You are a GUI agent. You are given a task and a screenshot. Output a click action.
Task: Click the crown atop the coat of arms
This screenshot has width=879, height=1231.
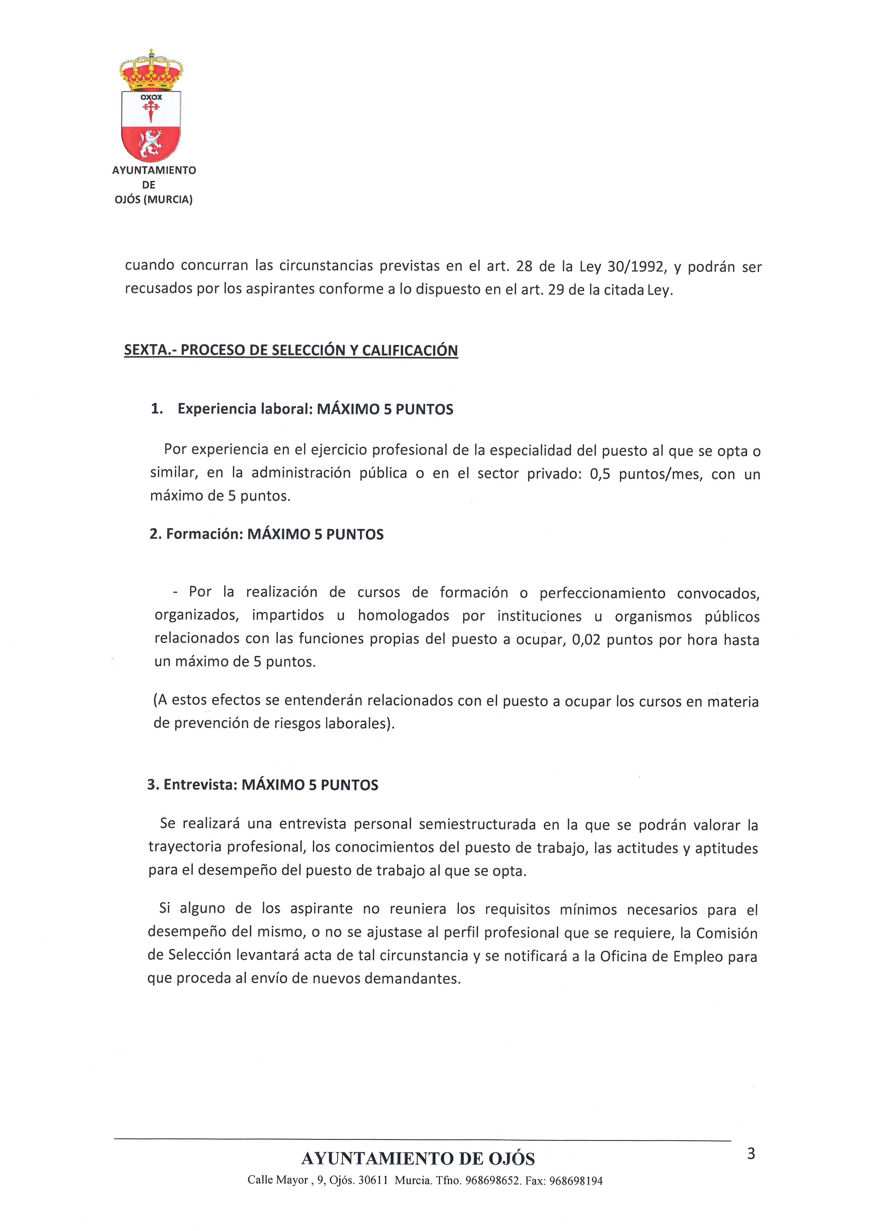151,72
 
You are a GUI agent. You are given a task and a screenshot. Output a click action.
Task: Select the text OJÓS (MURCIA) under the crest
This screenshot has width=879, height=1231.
154,200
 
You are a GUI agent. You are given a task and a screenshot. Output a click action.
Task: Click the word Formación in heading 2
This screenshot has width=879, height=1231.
204,535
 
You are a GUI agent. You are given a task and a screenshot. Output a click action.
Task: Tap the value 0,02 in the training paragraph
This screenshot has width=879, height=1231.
586,639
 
